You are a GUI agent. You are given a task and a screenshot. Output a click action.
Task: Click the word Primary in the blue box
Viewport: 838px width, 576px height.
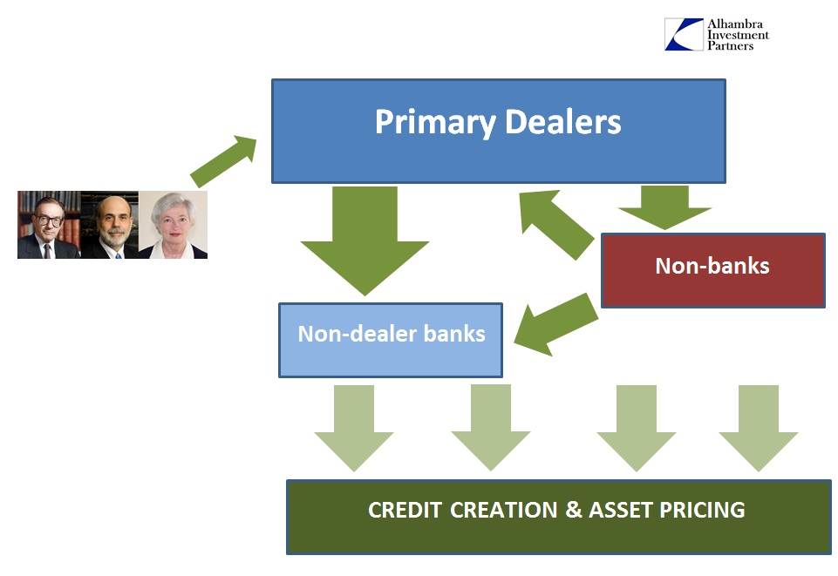(x=435, y=123)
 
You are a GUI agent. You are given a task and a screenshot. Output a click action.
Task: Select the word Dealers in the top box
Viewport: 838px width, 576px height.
(x=562, y=121)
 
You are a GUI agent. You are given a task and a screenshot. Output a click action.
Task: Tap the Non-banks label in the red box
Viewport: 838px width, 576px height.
(x=712, y=266)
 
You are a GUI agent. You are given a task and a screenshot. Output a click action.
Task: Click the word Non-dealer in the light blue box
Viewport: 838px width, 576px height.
(x=357, y=334)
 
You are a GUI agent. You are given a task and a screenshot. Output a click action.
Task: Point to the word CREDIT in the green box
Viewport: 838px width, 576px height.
(x=405, y=510)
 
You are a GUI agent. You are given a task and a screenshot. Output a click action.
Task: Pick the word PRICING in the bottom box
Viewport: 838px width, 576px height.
(x=702, y=510)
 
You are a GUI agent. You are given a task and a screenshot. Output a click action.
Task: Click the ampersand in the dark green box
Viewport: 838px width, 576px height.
(x=574, y=509)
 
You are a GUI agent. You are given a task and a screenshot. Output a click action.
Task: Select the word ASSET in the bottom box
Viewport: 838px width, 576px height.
(x=621, y=510)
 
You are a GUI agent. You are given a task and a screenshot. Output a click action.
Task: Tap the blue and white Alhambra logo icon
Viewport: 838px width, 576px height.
(x=684, y=34)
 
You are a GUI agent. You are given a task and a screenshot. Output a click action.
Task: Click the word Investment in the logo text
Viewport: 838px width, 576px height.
(x=738, y=35)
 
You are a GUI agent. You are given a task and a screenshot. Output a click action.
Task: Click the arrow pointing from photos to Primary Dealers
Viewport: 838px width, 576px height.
(x=223, y=161)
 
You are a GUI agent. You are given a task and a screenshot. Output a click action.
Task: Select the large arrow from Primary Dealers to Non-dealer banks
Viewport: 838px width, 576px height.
(x=365, y=241)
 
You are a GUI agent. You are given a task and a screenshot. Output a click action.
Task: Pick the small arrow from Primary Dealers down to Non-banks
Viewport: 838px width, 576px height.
(x=664, y=207)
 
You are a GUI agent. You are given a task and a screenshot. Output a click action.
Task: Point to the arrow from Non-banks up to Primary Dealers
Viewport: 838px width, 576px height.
(x=555, y=224)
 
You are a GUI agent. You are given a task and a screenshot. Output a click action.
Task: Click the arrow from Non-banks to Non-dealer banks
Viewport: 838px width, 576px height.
(x=555, y=324)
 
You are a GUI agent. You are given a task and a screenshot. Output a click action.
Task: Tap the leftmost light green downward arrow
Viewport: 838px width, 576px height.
(x=354, y=428)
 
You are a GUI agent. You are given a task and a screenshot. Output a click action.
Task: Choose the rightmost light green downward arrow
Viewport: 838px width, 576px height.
(x=759, y=428)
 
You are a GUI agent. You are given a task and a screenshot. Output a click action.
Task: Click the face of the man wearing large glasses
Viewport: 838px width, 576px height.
(x=49, y=220)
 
